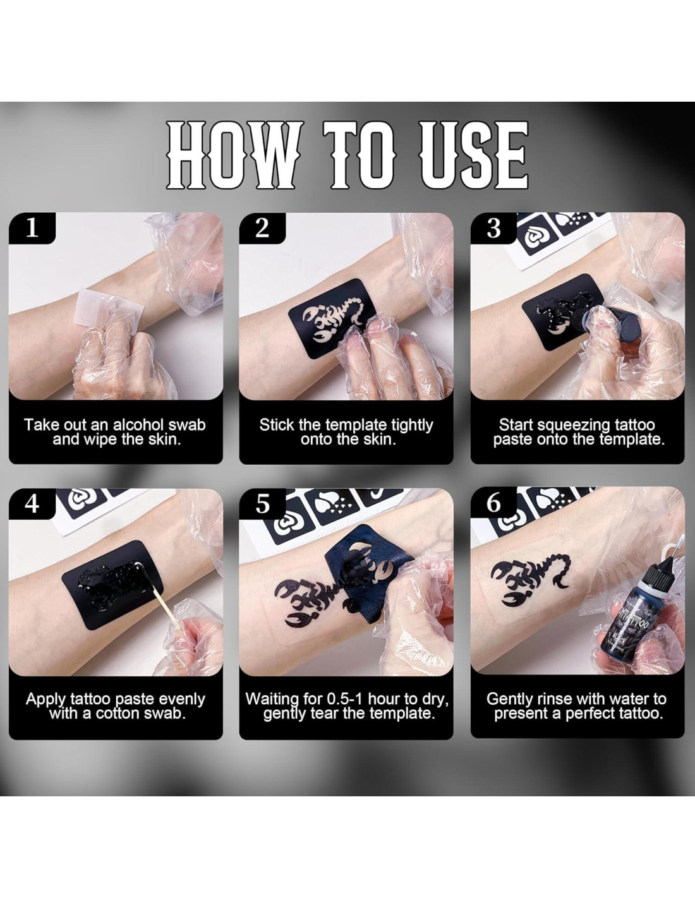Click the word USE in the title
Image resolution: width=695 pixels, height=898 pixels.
click(x=474, y=155)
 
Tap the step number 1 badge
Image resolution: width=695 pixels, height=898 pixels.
click(x=32, y=228)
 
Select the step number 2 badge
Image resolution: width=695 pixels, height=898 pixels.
click(x=262, y=228)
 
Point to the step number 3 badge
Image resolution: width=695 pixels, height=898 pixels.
click(x=493, y=228)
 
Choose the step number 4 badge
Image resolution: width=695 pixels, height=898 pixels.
click(x=32, y=504)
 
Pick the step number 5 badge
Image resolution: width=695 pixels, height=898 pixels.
click(x=262, y=504)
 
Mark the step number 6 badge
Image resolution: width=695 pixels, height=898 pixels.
click(x=493, y=504)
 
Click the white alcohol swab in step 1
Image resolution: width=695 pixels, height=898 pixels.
click(x=109, y=313)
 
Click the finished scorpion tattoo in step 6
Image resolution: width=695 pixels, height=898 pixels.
click(x=531, y=578)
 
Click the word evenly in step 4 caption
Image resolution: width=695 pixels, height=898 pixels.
click(x=183, y=699)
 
